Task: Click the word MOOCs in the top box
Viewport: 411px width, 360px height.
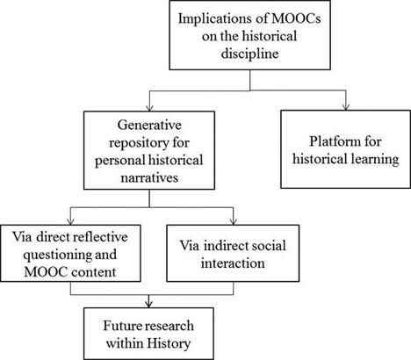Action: point(296,18)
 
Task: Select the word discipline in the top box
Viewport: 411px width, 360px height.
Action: point(249,54)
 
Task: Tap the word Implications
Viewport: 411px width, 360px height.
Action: point(221,18)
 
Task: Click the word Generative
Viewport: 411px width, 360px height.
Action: point(149,125)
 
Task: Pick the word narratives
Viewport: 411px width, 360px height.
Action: point(149,177)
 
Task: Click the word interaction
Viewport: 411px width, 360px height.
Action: point(233,263)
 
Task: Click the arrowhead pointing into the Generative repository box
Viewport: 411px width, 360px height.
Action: point(149,107)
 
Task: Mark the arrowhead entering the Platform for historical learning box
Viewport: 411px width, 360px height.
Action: point(346,107)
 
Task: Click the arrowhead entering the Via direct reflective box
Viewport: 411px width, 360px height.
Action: point(70,221)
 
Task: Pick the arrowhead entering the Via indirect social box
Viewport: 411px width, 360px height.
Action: point(234,221)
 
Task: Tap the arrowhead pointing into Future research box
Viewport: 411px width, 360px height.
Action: point(149,304)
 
